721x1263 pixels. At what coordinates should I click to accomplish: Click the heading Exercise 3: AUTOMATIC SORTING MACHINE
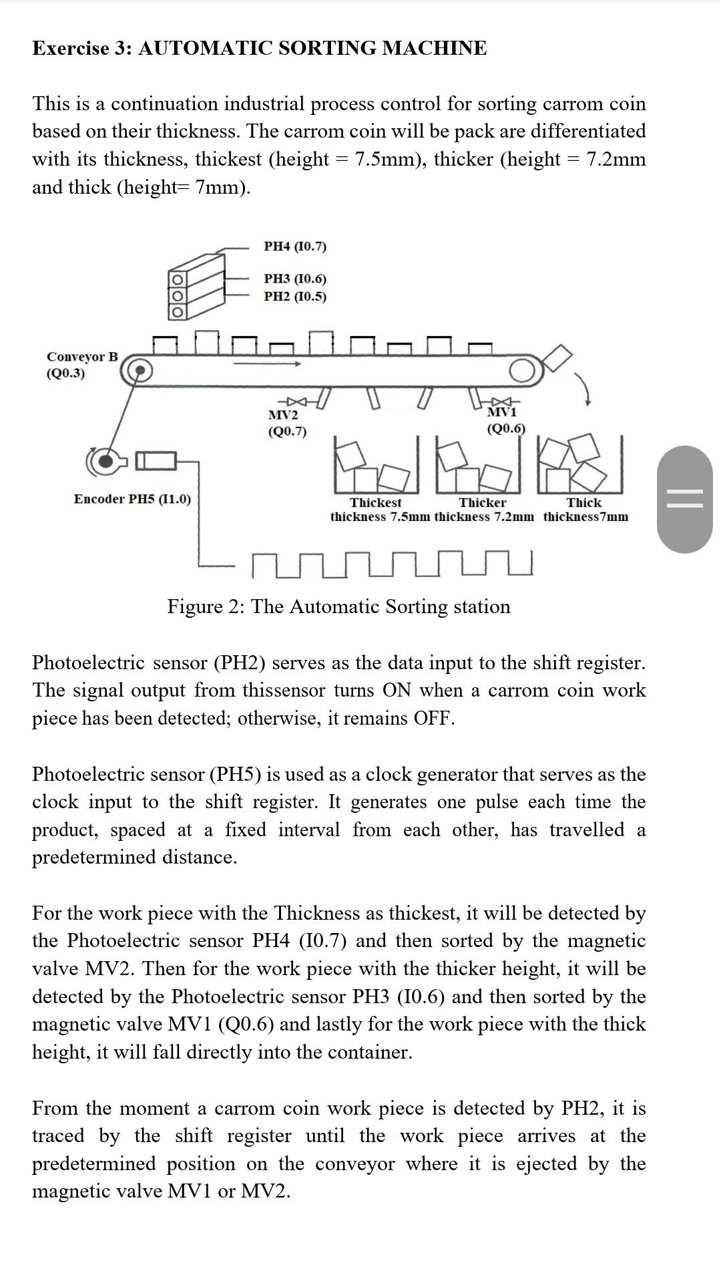tap(260, 48)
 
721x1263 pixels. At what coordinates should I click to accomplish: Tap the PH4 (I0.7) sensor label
tap(295, 246)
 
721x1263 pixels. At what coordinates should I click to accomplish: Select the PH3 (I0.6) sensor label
tap(295, 279)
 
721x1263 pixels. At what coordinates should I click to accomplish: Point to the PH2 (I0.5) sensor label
tap(295, 296)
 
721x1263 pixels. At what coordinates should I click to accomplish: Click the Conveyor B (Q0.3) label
tap(82, 365)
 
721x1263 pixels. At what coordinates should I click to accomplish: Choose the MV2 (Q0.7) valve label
tap(287, 423)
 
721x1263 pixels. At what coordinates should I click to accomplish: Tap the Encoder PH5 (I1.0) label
tap(132, 499)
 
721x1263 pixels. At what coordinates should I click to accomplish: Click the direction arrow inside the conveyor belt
tap(266, 364)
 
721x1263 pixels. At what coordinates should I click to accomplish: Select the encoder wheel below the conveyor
tap(105, 461)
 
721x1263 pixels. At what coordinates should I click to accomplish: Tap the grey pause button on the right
tap(684, 499)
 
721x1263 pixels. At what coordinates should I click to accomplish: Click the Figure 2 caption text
tap(338, 606)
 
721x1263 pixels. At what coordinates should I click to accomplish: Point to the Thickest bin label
tap(376, 502)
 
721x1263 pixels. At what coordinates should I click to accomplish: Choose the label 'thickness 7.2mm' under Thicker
tap(484, 517)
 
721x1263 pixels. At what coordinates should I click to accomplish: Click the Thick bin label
tap(584, 502)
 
